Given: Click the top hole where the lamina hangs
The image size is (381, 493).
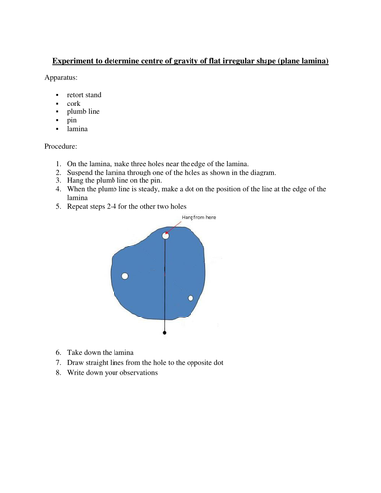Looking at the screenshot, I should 166,236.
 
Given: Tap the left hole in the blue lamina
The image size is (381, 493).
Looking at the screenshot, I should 125,276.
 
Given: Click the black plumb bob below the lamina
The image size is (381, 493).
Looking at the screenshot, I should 164,334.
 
